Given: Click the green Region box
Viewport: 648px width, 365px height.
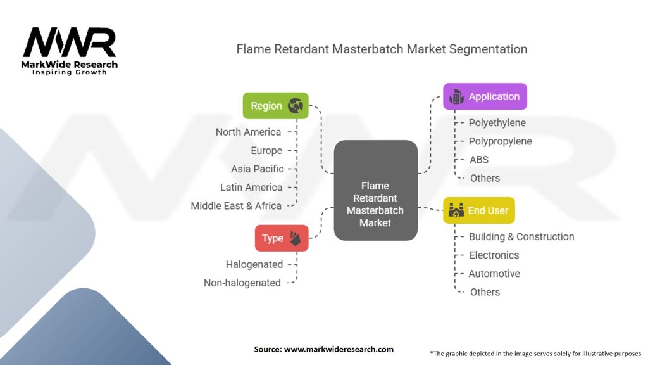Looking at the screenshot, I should pyautogui.click(x=276, y=106).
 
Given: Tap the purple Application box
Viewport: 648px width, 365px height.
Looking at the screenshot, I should pyautogui.click(x=485, y=96).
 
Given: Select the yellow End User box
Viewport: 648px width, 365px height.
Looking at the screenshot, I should pyautogui.click(x=479, y=210).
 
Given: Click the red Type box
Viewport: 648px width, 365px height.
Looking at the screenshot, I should pyautogui.click(x=282, y=238).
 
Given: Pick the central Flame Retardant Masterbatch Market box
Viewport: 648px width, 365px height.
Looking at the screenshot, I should pyautogui.click(x=375, y=190).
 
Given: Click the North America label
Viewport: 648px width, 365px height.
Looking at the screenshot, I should pyautogui.click(x=248, y=132).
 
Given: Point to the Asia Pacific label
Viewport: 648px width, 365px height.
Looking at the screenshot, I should pyautogui.click(x=258, y=169).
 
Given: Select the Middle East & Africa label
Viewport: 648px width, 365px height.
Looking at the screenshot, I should pyautogui.click(x=236, y=205).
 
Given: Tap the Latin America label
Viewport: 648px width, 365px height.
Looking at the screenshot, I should pyautogui.click(x=251, y=187).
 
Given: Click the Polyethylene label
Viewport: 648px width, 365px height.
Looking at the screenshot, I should pyautogui.click(x=497, y=123).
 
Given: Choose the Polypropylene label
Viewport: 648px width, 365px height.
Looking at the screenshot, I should pyautogui.click(x=500, y=141).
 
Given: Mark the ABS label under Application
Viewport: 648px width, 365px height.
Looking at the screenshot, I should pyautogui.click(x=479, y=160).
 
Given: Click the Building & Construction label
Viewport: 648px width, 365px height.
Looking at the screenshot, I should pyautogui.click(x=521, y=236).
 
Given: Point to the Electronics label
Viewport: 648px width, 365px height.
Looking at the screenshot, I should pyautogui.click(x=494, y=255).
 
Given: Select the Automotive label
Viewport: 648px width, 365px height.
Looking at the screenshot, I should pyautogui.click(x=494, y=273).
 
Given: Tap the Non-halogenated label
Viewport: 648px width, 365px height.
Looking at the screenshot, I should pyautogui.click(x=242, y=283).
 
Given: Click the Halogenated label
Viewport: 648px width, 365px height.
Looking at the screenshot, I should pyautogui.click(x=254, y=264).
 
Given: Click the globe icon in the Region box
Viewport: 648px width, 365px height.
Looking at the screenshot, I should pyautogui.click(x=295, y=106).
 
